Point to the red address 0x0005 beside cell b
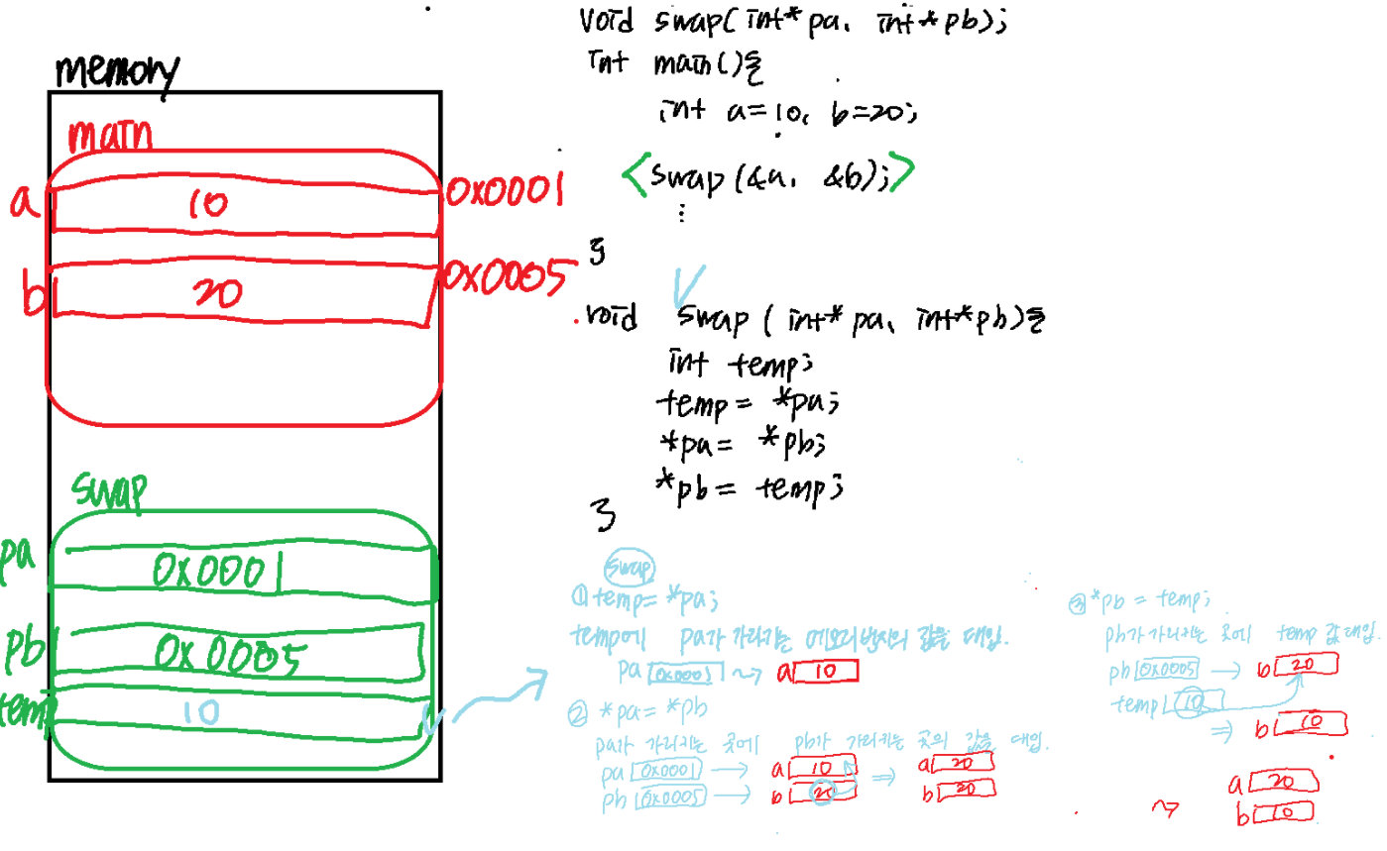coord(508,276)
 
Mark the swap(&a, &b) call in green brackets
coord(768,176)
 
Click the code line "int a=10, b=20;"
coord(788,115)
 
